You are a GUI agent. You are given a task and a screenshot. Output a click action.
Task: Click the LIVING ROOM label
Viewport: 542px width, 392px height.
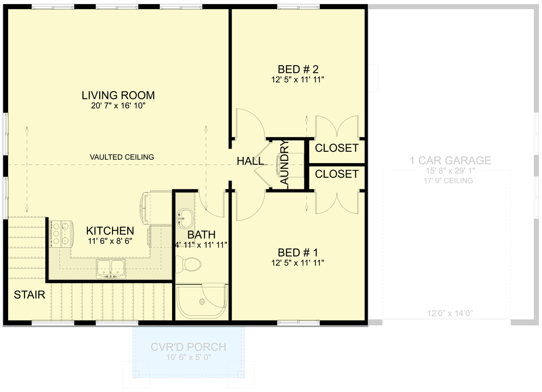click(x=118, y=95)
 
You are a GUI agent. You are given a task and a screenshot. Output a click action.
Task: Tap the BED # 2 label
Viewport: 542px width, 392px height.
click(x=298, y=69)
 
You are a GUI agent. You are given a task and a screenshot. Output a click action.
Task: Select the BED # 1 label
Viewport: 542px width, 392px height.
click(x=298, y=253)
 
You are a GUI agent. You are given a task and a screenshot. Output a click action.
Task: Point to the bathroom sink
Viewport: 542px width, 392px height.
click(x=185, y=218)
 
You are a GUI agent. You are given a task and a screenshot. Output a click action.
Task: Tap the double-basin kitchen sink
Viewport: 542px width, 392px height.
click(x=110, y=268)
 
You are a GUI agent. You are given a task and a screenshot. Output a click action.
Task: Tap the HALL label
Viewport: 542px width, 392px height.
click(x=250, y=161)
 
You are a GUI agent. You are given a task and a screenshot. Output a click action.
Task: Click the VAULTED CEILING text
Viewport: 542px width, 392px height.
click(x=122, y=157)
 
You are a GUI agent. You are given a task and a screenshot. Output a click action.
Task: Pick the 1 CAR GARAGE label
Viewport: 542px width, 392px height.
click(x=450, y=161)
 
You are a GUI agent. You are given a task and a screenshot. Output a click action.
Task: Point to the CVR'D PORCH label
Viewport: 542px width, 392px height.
click(x=188, y=347)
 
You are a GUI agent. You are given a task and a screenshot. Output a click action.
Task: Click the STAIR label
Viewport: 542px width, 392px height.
click(x=30, y=294)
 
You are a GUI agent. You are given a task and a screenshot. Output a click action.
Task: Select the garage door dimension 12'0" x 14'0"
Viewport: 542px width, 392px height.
click(x=450, y=314)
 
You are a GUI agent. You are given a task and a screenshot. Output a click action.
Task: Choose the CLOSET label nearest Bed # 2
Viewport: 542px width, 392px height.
click(x=336, y=148)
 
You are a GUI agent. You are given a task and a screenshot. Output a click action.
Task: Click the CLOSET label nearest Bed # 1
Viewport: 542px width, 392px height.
click(x=336, y=174)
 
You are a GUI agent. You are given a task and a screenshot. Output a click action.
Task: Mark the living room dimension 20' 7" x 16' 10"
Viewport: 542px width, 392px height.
click(x=118, y=106)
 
